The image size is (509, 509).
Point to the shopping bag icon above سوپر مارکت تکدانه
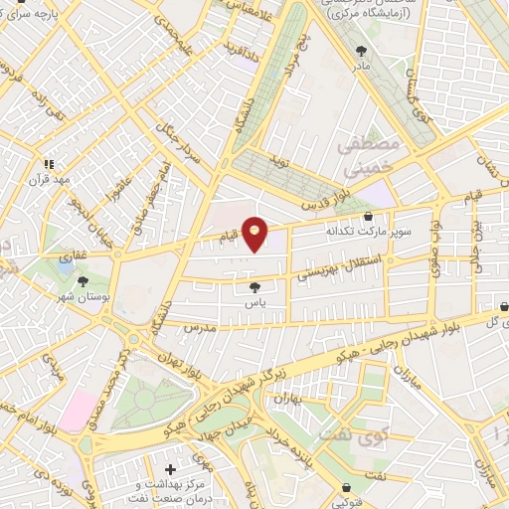coord(368,215)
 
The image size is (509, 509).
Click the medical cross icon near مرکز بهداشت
coord(171,468)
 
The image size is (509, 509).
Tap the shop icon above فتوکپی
coord(345,487)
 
